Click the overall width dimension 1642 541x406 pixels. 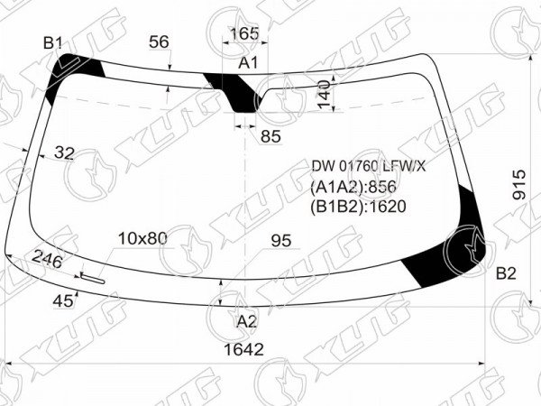pos(243,349)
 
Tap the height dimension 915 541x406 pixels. pos(518,184)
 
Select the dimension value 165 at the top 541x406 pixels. pos(244,33)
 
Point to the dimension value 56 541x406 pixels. pos(159,42)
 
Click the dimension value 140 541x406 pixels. pos(325,94)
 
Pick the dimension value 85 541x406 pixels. pos(270,136)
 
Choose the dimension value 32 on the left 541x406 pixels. pos(64,152)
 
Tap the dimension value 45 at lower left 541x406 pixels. pos(63,301)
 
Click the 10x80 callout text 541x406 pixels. pos(142,238)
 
